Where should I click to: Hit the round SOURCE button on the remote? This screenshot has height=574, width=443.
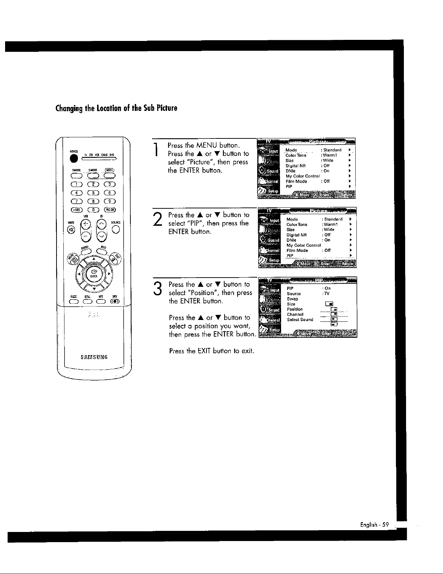click(116, 229)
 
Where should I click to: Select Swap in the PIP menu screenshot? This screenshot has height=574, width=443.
click(292, 299)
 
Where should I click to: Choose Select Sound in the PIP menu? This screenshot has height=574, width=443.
click(300, 320)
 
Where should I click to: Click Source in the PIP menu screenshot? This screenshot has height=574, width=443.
click(294, 294)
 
